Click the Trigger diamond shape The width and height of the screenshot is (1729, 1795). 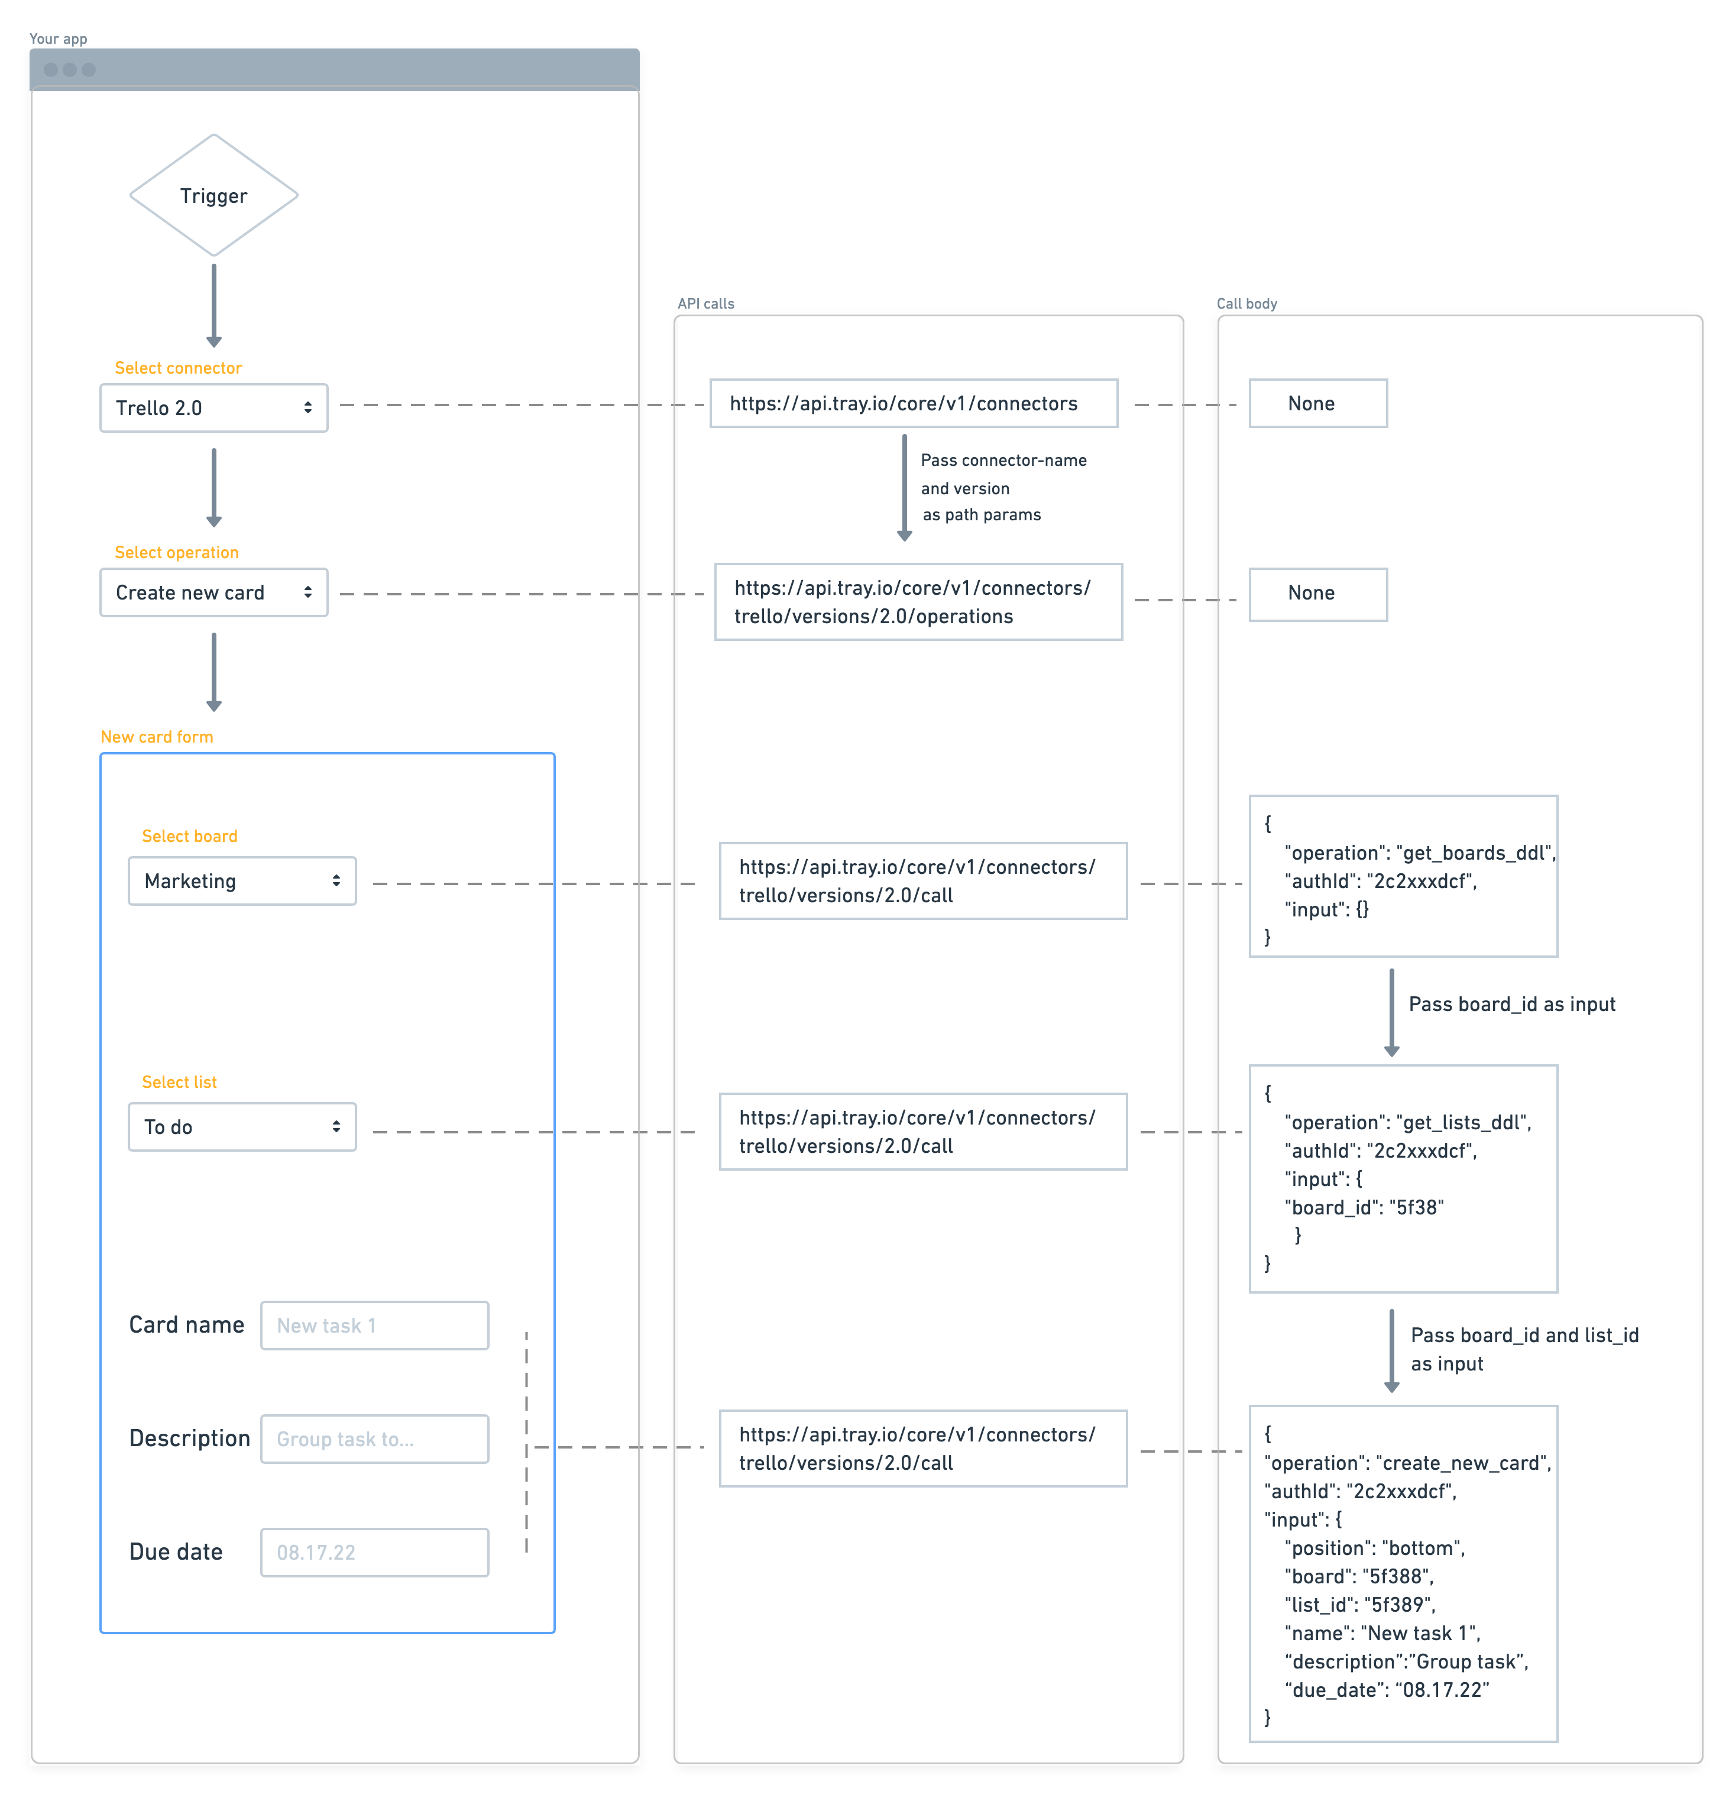[213, 195]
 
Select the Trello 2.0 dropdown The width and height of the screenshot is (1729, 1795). [213, 407]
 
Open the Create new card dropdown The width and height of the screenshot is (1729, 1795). [213, 592]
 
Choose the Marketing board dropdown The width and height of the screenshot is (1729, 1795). [242, 881]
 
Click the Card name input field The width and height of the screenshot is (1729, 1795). [374, 1325]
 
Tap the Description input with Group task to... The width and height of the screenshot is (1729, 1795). [374, 1438]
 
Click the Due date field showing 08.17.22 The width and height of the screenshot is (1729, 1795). [374, 1553]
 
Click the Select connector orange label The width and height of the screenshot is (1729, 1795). [177, 367]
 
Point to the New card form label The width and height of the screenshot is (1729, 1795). [157, 736]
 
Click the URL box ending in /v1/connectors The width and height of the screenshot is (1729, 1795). [913, 403]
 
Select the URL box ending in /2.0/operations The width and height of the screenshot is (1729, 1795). [918, 602]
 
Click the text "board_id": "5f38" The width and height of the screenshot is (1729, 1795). [1364, 1207]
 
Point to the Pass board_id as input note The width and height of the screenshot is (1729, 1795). [1511, 1004]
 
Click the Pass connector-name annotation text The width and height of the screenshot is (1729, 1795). [1003, 461]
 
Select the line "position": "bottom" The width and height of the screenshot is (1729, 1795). [1374, 1548]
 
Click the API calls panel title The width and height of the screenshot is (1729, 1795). [705, 303]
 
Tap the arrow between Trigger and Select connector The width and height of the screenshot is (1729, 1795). [213, 305]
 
